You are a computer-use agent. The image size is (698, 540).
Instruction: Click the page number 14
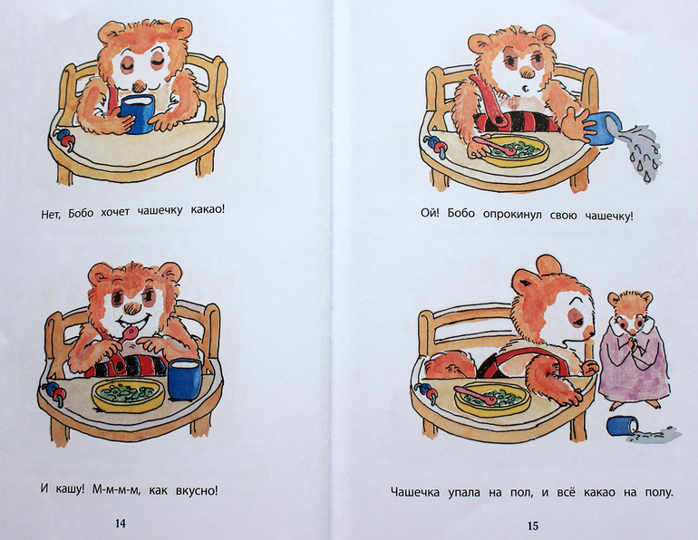121,523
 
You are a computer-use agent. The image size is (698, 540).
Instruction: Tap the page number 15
533,526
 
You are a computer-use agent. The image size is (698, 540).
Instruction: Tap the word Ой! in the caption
430,213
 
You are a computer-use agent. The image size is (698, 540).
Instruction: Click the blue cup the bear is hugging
138,114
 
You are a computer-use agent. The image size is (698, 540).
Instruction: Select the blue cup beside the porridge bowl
185,379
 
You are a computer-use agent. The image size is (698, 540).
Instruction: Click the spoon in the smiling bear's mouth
122,347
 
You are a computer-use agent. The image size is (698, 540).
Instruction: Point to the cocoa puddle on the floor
655,435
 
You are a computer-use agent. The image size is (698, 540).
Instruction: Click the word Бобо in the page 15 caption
461,214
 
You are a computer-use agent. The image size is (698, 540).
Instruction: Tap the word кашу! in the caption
67,490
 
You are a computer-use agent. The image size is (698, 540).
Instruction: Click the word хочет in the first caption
114,212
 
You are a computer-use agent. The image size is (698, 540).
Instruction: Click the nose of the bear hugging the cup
139,83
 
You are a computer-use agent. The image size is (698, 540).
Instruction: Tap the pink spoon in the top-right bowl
494,146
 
